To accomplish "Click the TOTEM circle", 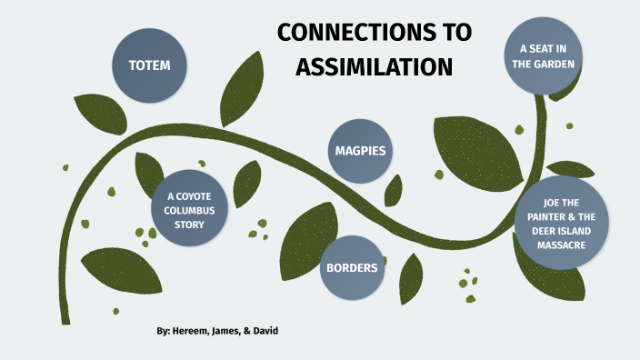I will (x=149, y=65).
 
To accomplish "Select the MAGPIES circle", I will (x=360, y=151).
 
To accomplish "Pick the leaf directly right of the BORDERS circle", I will (x=411, y=276).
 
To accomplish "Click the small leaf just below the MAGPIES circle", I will (x=394, y=189).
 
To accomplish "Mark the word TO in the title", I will (x=452, y=33).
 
